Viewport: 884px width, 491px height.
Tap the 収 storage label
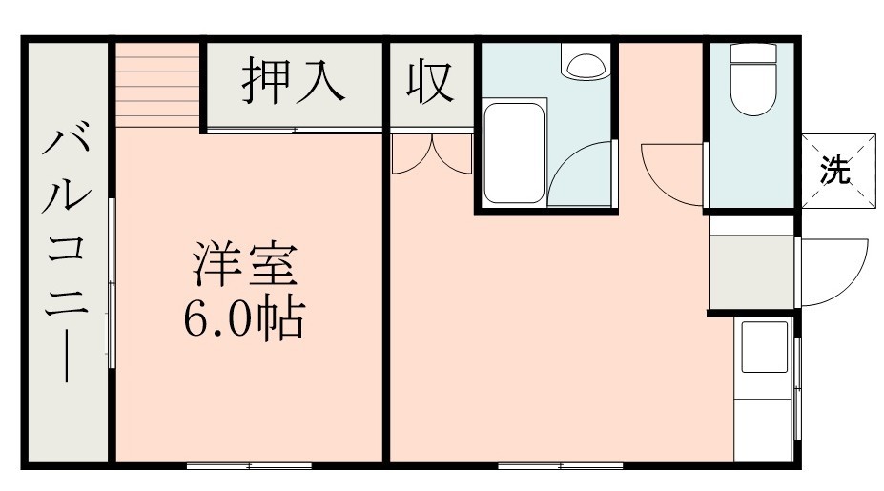[x=430, y=83]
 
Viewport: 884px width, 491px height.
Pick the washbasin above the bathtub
[x=583, y=65]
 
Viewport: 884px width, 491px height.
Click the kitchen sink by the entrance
[x=765, y=347]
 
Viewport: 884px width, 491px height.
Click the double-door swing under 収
[x=432, y=155]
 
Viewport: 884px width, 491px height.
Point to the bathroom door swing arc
[x=582, y=176]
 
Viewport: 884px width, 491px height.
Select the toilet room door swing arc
[x=672, y=172]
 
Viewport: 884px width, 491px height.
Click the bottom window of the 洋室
[x=249, y=465]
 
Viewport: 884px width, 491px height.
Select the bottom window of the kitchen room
[x=560, y=465]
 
